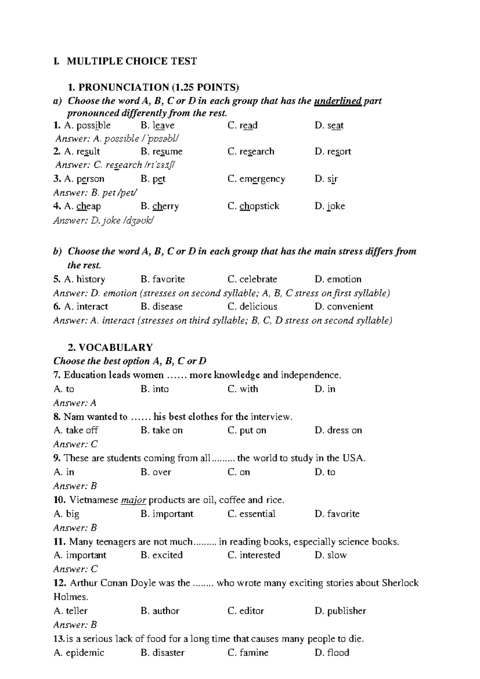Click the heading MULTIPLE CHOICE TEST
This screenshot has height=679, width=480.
132,61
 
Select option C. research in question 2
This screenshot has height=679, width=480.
251,152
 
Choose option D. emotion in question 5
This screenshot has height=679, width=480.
338,279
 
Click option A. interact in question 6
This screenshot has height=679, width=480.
86,307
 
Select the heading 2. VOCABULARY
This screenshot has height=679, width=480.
110,347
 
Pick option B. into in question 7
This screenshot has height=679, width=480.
155,389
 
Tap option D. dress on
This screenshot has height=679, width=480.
338,430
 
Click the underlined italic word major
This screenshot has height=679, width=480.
133,500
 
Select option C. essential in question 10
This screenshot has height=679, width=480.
251,514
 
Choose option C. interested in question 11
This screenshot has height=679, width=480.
254,555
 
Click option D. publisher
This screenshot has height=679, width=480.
340,611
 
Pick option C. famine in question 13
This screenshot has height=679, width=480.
248,653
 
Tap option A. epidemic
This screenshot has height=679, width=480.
79,653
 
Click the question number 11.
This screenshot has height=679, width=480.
60,542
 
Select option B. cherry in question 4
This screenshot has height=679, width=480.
160,206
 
